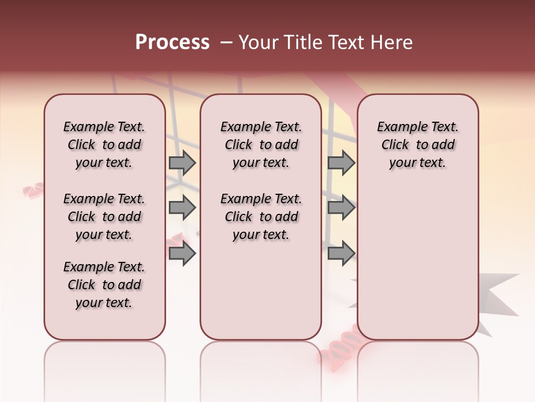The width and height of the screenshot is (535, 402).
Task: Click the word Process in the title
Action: click(x=172, y=42)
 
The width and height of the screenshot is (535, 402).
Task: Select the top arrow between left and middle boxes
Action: click(x=182, y=163)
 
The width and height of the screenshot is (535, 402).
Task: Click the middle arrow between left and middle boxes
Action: click(x=182, y=208)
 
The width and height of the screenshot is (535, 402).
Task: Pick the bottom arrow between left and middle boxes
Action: click(x=182, y=253)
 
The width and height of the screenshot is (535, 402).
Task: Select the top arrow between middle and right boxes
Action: click(x=341, y=163)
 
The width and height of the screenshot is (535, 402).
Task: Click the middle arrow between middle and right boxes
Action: click(x=341, y=208)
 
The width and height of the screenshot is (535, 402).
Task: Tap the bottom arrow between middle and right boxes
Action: click(x=341, y=253)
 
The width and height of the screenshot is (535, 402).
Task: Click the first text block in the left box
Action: click(x=104, y=145)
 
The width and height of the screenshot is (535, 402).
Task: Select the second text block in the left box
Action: click(x=104, y=217)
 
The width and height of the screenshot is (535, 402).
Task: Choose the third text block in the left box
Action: click(x=104, y=285)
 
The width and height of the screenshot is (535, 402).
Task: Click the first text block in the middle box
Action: click(x=261, y=145)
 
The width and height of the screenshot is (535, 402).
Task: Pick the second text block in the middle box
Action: click(x=261, y=217)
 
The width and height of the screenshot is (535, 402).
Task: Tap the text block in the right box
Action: click(x=417, y=145)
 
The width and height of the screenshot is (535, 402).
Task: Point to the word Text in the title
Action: click(x=345, y=42)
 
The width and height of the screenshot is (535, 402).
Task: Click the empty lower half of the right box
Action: click(x=417, y=268)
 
